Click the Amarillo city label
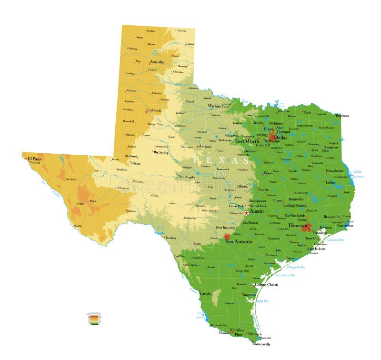tap(157, 62)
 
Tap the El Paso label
tap(34, 158)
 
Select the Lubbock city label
tap(154, 110)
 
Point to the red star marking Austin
tap(246, 212)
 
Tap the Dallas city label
tap(281, 137)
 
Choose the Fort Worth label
tap(247, 141)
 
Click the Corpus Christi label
tap(267, 285)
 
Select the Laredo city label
tap(205, 293)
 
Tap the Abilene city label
tap(205, 146)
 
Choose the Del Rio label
tap(170, 237)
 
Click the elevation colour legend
tap(94, 319)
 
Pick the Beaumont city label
tap(331, 217)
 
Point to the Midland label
tap(131, 156)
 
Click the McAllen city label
tap(237, 330)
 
